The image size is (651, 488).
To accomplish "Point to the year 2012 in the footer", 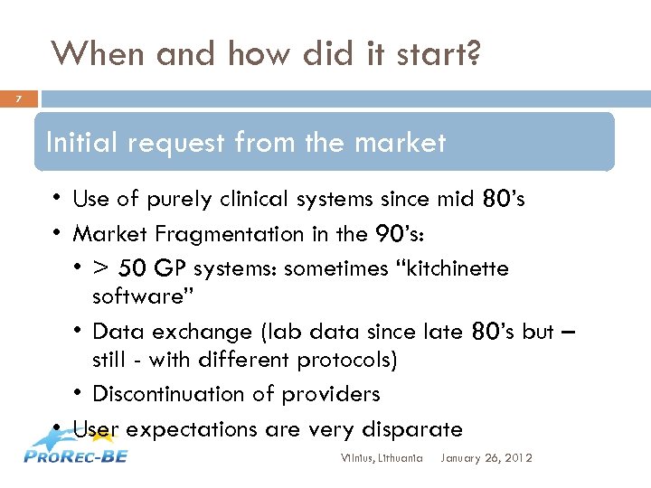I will pyautogui.click(x=517, y=458).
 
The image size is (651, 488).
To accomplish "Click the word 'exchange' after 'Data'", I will pyautogui.click(x=180, y=332).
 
